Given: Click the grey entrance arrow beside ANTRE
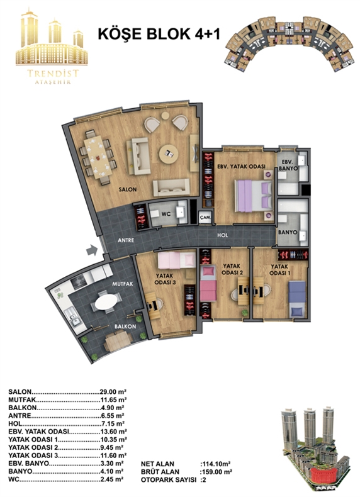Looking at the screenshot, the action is pyautogui.click(x=92, y=250).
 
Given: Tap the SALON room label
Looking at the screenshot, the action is pyautogui.click(x=128, y=189).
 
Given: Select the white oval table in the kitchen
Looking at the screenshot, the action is pyautogui.click(x=106, y=301).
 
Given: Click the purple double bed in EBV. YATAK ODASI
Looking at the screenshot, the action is pyautogui.click(x=253, y=196).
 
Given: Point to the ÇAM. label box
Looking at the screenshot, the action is pyautogui.click(x=205, y=218).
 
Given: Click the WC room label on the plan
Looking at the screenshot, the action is pyautogui.click(x=166, y=214).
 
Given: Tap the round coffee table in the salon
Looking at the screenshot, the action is pyautogui.click(x=169, y=154).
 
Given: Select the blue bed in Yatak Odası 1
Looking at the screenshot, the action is pyautogui.click(x=297, y=299).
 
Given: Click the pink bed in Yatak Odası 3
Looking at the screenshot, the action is pyautogui.click(x=177, y=260).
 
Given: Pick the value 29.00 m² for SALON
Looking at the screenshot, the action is pyautogui.click(x=113, y=392).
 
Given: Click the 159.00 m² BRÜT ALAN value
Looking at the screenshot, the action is pyautogui.click(x=218, y=472).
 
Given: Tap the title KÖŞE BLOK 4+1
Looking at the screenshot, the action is pyautogui.click(x=159, y=34).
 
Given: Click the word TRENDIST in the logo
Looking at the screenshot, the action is pyautogui.click(x=53, y=74).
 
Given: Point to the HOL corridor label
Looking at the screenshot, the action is pyautogui.click(x=222, y=235).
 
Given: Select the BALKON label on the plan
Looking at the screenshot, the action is pyautogui.click(x=125, y=326).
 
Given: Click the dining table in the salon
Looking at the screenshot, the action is pyautogui.click(x=98, y=157).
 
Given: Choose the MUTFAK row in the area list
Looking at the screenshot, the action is pyautogui.click(x=67, y=399).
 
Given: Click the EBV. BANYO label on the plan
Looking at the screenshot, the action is pyautogui.click(x=290, y=165).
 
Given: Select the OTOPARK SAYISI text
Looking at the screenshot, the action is pyautogui.click(x=169, y=480).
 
